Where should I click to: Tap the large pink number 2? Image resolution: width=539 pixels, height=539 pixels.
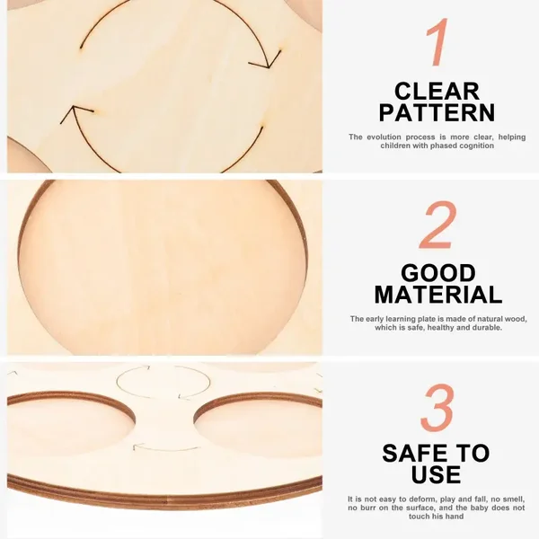438,225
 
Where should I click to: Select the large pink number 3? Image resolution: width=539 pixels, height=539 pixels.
437,407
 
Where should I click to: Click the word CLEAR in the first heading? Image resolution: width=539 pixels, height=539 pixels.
437,92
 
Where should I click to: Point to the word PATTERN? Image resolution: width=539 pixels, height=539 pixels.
437,112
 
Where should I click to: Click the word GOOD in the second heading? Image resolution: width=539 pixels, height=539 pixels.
438,273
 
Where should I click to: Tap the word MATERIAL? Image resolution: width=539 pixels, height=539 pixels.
438,295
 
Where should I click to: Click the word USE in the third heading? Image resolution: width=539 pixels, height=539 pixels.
436,474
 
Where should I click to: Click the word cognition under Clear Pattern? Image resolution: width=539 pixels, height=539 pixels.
477,146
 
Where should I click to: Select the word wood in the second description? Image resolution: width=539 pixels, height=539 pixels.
517,319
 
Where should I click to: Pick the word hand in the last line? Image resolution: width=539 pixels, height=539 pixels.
455,517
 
